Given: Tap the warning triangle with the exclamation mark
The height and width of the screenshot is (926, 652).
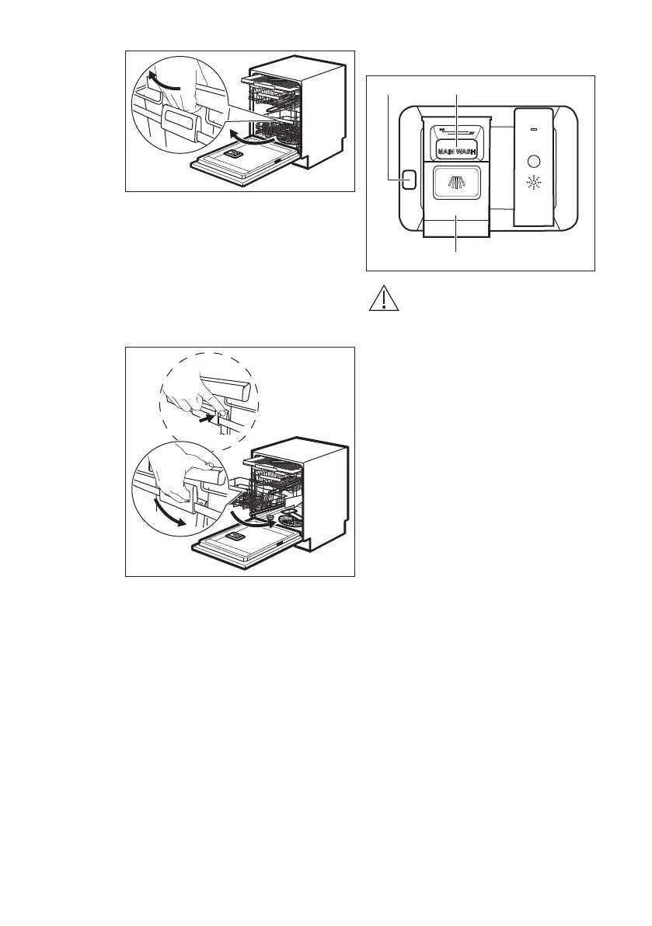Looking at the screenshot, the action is point(380,299).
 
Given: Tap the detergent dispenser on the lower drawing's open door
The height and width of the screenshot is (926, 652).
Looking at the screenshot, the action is point(236,537).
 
